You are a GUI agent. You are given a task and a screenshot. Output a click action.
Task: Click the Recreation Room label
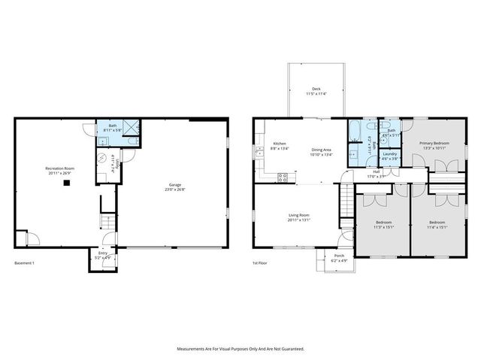click(x=58, y=169)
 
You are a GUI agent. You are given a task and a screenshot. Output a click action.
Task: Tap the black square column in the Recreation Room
click(x=67, y=182)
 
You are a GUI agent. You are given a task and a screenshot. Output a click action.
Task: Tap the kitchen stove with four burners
click(x=283, y=178)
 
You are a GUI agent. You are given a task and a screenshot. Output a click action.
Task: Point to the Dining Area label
click(x=322, y=150)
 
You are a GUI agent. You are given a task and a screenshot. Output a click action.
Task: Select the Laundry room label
click(x=389, y=156)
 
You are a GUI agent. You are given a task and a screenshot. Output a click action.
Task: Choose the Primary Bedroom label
click(x=434, y=143)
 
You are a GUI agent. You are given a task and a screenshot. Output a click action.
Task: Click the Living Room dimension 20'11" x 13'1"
click(x=298, y=220)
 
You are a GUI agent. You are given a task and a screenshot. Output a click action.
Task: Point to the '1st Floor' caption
click(x=261, y=263)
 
